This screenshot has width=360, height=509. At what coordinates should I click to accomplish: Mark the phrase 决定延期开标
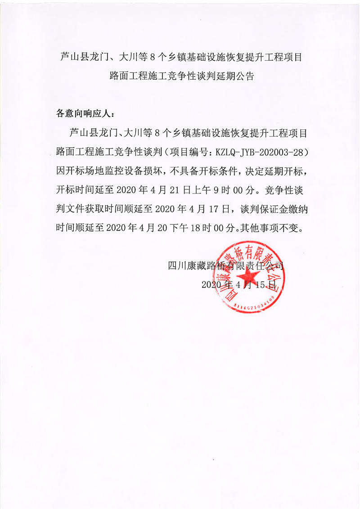[x=269, y=170]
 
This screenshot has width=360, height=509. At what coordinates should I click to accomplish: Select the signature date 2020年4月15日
[x=238, y=284]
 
